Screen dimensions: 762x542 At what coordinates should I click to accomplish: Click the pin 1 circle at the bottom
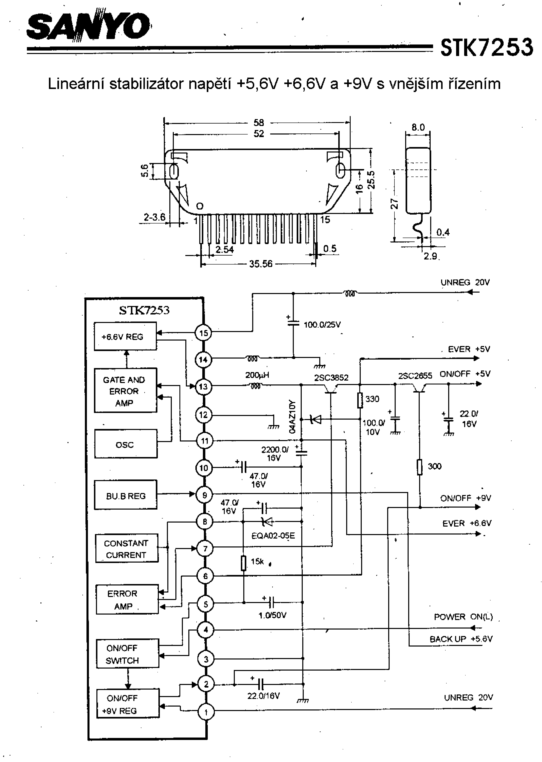pyautogui.click(x=206, y=712)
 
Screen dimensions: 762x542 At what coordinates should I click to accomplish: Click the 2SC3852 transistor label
pyautogui.click(x=331, y=378)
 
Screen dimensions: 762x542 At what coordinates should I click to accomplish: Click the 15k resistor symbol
pyautogui.click(x=244, y=563)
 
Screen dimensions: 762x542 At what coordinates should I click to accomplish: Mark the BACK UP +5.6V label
pyautogui.click(x=461, y=639)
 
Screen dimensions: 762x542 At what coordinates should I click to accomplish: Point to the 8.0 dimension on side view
pyautogui.click(x=418, y=127)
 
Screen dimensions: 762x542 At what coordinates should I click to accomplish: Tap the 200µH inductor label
pyautogui.click(x=257, y=375)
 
